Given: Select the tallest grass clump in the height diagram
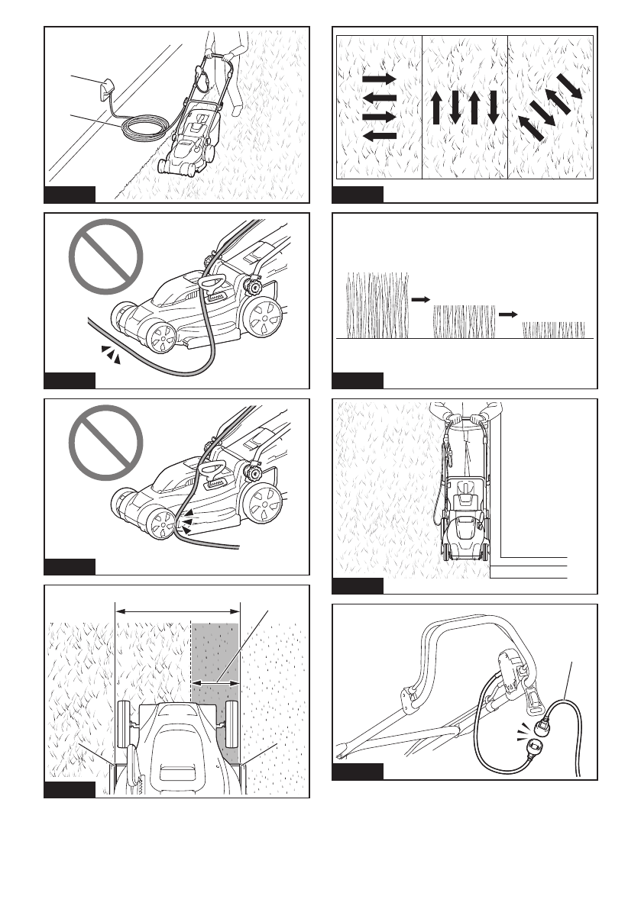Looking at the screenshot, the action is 378,305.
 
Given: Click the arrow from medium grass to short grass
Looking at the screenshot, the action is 508,314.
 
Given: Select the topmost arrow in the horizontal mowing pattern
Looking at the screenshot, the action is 380,79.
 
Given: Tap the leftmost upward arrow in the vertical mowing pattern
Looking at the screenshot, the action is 436,108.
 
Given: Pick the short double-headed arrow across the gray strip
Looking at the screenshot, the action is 215,682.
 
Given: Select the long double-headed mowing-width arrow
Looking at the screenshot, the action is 177,610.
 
